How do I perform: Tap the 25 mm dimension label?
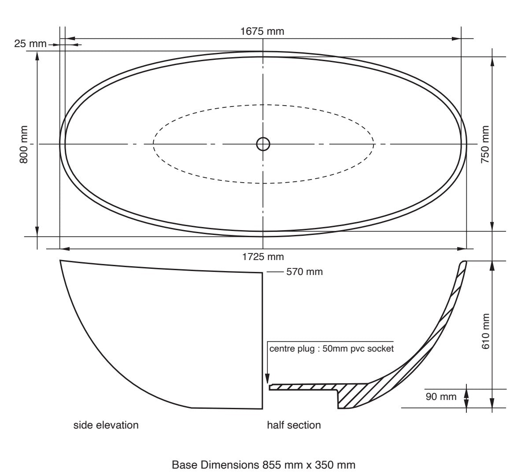click(x=30, y=44)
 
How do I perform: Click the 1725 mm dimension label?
click(x=263, y=257)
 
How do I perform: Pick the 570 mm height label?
click(x=304, y=272)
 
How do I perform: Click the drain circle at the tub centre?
click(x=263, y=144)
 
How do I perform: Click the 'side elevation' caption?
click(x=106, y=425)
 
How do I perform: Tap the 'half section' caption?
click(x=294, y=425)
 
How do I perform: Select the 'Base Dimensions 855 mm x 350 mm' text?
click(x=263, y=465)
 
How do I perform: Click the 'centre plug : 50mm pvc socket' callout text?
click(x=331, y=349)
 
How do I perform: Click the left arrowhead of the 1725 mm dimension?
click(x=64, y=249)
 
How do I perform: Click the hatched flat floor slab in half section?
click(x=304, y=387)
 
